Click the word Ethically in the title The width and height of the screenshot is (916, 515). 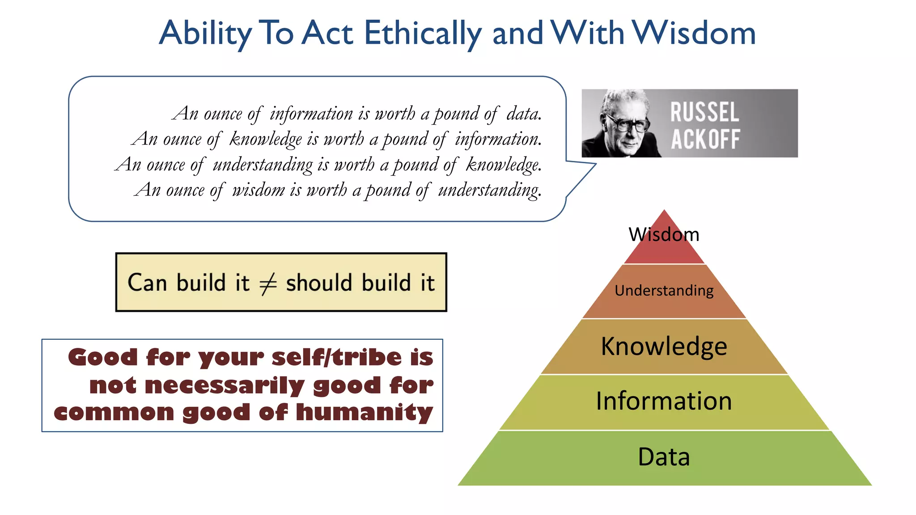click(423, 34)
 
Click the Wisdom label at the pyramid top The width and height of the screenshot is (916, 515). click(664, 235)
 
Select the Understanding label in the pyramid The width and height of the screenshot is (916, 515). click(664, 291)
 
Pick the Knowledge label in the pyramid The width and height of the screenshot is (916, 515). click(664, 346)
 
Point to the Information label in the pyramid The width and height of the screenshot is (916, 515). click(664, 401)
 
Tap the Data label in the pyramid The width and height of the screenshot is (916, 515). click(664, 457)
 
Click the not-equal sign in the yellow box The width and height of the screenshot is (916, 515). click(268, 283)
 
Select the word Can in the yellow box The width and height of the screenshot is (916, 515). click(147, 283)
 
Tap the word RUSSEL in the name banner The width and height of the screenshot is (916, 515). click(704, 112)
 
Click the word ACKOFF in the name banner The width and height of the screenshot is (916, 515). click(705, 139)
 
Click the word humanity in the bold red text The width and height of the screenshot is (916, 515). click(365, 412)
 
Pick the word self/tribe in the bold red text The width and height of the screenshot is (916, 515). click(336, 358)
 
